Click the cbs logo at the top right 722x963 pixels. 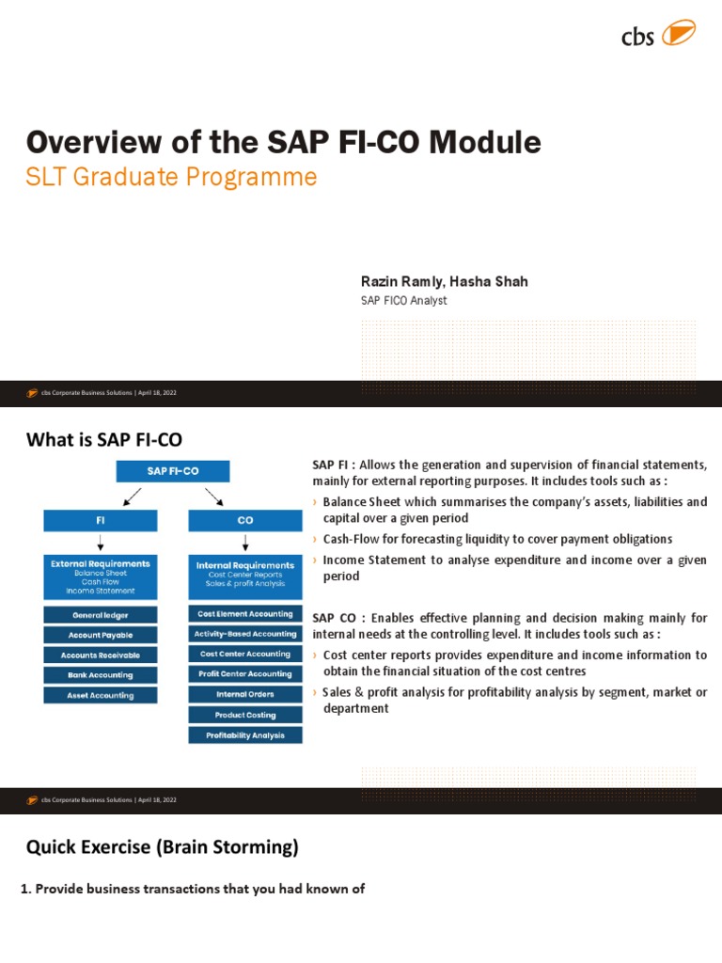(x=658, y=36)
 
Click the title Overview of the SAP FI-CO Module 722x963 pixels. (x=283, y=143)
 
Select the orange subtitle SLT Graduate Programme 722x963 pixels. (x=171, y=177)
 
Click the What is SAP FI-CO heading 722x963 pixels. (x=104, y=439)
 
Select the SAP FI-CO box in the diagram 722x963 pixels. (x=172, y=470)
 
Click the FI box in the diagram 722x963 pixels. (x=101, y=520)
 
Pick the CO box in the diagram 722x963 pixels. (x=245, y=520)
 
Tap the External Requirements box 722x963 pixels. (x=101, y=576)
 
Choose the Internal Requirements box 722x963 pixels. (x=245, y=576)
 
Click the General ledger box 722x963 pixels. (x=101, y=615)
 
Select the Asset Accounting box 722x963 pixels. (x=101, y=696)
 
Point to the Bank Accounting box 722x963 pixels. (x=101, y=675)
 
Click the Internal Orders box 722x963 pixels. (x=245, y=694)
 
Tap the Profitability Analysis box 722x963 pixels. (x=245, y=735)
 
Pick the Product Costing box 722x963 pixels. (x=245, y=715)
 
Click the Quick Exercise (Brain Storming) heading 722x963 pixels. (x=163, y=847)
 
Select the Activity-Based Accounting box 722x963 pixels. (x=245, y=634)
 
